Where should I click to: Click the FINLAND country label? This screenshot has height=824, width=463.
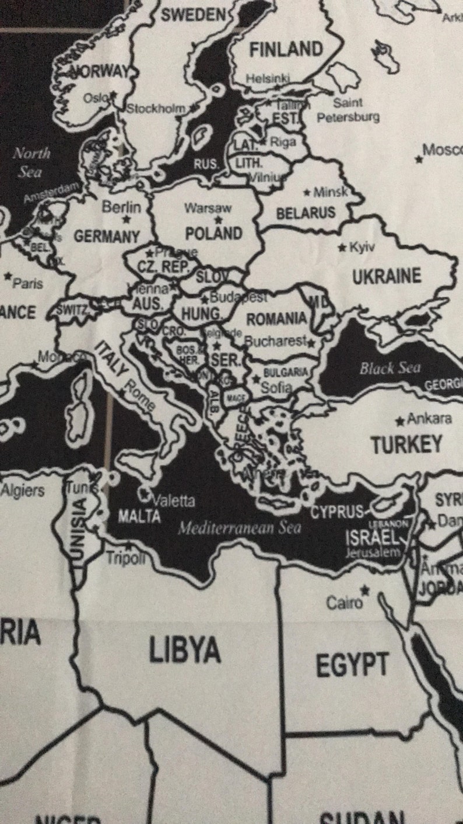[286, 50]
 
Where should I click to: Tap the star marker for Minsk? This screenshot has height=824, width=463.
[307, 192]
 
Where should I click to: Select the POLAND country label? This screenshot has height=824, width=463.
[213, 234]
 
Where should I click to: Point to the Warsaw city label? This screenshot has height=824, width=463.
[208, 208]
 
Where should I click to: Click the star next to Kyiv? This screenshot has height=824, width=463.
[342, 248]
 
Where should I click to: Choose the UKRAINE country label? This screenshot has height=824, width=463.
[386, 276]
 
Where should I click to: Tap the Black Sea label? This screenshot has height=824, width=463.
[390, 368]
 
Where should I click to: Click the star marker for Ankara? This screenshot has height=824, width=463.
[400, 420]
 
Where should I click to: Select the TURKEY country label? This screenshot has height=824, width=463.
[406, 445]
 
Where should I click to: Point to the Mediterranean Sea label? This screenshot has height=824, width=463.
[239, 529]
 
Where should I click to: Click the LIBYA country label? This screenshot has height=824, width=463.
[184, 650]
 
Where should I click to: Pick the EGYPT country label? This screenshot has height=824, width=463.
[352, 665]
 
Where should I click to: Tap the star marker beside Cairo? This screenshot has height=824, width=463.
[365, 590]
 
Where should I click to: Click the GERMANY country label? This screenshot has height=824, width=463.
[107, 237]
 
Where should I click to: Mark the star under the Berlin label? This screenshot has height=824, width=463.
[126, 220]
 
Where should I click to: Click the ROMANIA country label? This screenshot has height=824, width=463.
[276, 319]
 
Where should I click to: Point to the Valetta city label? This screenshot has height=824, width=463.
[173, 501]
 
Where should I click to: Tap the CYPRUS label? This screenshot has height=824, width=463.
[336, 513]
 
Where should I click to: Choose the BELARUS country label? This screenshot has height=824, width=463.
[306, 213]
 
